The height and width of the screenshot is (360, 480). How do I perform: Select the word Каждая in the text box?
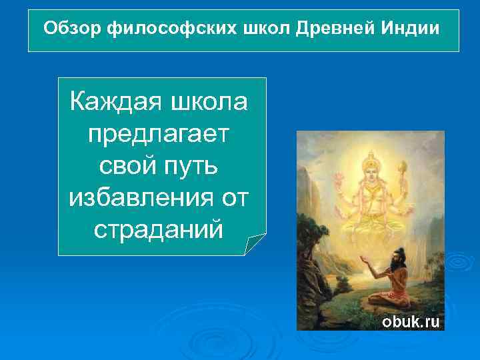[111, 103]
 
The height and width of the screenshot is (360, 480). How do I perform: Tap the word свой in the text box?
[125, 164]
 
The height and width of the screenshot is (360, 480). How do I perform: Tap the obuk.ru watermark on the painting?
[410, 321]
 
